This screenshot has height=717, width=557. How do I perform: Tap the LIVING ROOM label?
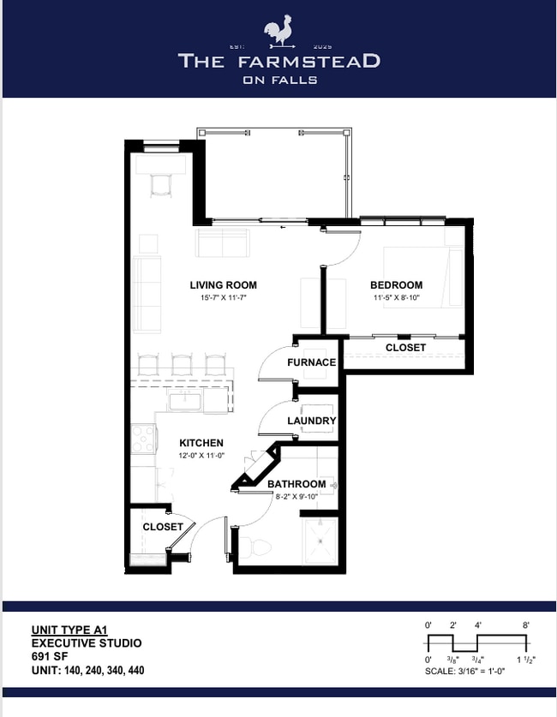(x=223, y=285)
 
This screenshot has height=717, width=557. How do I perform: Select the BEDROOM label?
(x=396, y=285)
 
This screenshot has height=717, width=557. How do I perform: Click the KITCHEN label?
(x=201, y=443)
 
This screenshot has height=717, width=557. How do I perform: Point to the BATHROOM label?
(x=296, y=484)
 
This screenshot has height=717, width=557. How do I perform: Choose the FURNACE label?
(x=311, y=362)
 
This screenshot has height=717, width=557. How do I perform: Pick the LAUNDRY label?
(x=311, y=421)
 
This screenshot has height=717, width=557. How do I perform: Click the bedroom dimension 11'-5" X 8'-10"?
(x=397, y=298)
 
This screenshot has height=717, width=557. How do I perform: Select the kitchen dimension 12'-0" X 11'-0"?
(x=201, y=456)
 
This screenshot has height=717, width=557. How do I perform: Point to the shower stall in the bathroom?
(x=320, y=542)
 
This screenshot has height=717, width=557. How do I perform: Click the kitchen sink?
(x=186, y=402)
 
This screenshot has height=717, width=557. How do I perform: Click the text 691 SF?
(x=50, y=657)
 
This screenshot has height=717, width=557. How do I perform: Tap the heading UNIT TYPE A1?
(x=69, y=630)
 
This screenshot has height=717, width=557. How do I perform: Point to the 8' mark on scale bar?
(x=526, y=625)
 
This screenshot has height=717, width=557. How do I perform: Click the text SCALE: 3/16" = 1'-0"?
(x=464, y=672)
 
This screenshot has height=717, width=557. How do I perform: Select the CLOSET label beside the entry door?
(x=162, y=527)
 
